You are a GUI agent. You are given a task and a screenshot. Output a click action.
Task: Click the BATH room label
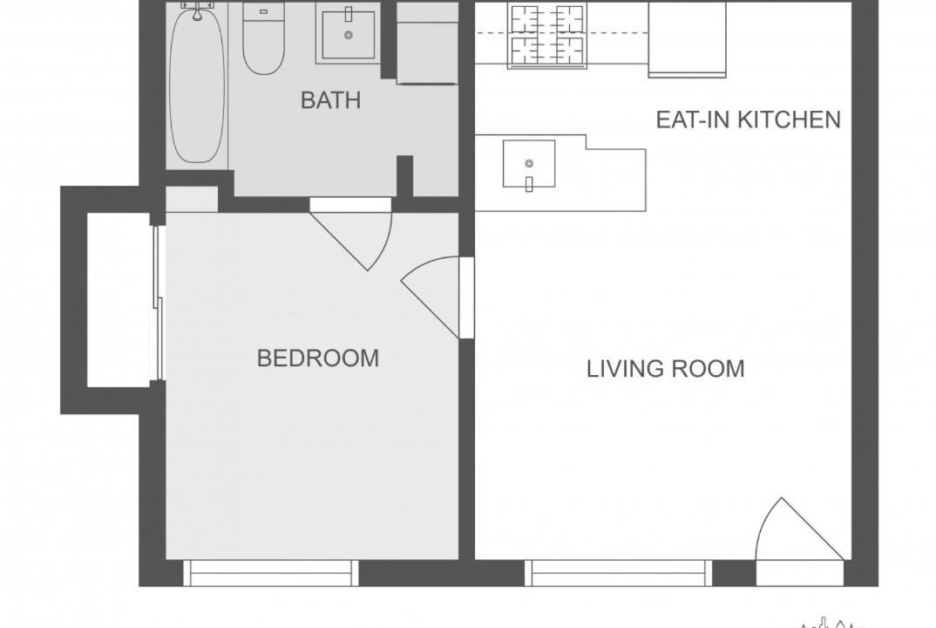330,100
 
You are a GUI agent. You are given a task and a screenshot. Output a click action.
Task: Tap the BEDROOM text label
318,358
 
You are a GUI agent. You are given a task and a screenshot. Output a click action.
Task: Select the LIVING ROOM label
666,369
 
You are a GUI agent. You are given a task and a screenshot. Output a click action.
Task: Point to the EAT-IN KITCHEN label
749,119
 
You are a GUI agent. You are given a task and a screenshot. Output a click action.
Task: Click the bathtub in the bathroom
197,84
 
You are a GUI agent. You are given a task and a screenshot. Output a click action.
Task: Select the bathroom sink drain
348,35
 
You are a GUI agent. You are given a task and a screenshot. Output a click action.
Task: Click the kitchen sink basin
529,164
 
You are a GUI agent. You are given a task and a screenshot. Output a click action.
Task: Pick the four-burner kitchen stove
546,36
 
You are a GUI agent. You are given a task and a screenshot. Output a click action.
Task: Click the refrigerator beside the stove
687,39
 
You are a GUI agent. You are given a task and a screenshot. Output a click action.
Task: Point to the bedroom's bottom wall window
270,572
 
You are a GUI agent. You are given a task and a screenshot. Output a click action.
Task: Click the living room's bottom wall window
619,572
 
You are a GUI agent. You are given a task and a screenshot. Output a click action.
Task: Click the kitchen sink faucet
529,183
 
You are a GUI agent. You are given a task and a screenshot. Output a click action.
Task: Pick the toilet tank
263,12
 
